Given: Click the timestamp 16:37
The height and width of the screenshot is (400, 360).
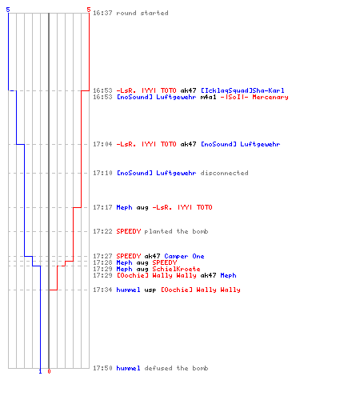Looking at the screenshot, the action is pos(102,13).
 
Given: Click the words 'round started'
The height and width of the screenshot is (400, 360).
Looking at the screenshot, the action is pos(142,13).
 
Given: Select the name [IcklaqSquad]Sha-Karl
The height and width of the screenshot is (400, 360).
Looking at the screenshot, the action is pos(242,90).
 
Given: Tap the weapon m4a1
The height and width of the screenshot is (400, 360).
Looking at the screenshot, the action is pos(208,97).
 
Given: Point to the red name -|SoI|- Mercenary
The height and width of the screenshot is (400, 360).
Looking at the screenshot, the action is pos(254,97).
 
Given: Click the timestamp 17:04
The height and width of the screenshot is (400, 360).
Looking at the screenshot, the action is pos(102,144).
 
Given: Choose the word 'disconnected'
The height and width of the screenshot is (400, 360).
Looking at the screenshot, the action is pos(224,173).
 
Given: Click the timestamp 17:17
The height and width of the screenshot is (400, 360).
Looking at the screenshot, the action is pos(102,207).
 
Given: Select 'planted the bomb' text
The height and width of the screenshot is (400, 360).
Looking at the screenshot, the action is pos(176,231).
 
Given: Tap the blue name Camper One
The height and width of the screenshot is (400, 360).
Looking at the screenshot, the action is pos(184,256).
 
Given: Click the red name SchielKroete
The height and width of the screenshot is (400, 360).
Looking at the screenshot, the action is pos(176,269).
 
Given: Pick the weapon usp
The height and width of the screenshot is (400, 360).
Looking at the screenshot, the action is pos(150,290).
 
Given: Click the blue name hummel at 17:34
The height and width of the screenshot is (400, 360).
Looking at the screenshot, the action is pos(128,290).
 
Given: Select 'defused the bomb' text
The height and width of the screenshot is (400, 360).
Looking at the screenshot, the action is pos(176,368).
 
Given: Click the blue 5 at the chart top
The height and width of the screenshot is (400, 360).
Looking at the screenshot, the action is pos(8,10).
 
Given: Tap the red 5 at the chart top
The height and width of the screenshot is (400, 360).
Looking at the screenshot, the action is pos(89,10).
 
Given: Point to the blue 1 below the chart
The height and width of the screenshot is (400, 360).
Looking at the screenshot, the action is pos(40,371).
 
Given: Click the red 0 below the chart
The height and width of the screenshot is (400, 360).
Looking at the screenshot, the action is pos(49,371).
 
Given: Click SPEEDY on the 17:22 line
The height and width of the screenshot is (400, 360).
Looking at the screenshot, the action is pos(129,231).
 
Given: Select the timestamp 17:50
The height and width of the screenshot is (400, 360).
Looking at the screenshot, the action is pos(102,368).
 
